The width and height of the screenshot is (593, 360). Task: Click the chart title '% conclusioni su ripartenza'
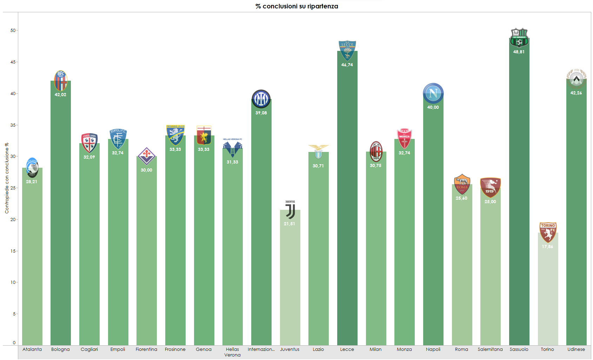(x=296, y=6)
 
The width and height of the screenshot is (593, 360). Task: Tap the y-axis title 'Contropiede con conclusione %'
(x=7, y=178)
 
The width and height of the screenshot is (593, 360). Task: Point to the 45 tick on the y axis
(x=13, y=62)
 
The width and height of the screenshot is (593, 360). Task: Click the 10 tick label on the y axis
(x=13, y=282)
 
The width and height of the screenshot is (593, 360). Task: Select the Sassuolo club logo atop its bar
(x=519, y=38)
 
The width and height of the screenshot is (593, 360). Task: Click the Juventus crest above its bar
(x=290, y=210)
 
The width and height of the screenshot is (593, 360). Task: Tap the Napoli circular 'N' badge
(x=433, y=93)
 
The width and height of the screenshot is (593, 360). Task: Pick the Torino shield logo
(x=548, y=232)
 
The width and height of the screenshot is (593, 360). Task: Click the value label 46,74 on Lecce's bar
(x=347, y=65)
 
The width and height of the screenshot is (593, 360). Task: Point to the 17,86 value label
(x=547, y=247)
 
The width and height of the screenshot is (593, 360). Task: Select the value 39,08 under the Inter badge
(x=261, y=113)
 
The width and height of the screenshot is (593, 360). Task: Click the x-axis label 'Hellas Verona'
(x=232, y=352)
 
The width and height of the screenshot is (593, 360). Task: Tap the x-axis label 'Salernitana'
(x=490, y=349)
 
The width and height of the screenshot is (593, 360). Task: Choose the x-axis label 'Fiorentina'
(x=146, y=349)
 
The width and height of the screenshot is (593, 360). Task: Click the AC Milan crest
(x=376, y=151)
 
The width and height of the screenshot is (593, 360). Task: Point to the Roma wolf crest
(x=462, y=184)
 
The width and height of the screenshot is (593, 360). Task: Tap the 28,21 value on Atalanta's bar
(x=32, y=182)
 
